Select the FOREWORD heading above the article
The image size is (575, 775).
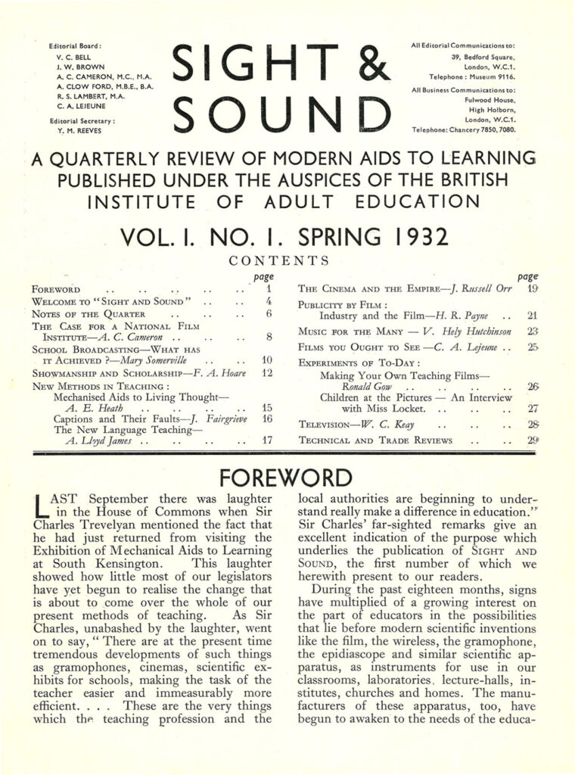(x=286, y=478)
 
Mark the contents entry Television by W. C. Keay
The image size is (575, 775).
(x=356, y=424)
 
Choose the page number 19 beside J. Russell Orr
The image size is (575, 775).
(x=532, y=288)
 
